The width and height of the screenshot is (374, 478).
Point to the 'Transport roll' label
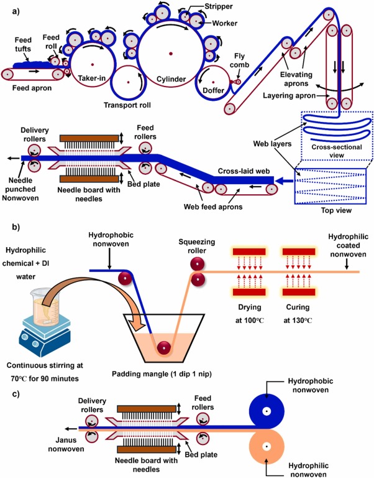127,105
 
